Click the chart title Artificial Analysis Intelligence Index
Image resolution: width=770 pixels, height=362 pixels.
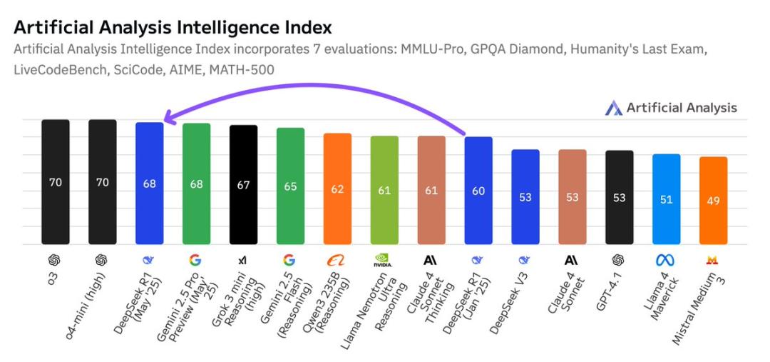pos(173,28)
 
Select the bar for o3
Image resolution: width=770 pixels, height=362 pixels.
pos(56,181)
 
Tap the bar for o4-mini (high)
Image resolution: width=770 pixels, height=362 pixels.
pos(103,181)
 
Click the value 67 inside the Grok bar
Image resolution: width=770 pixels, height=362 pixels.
pos(243,185)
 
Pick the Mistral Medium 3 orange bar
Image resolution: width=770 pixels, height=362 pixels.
pos(713,200)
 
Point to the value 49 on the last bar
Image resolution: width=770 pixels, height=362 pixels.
pos(713,201)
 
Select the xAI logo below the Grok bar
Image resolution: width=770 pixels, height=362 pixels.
pos(243,260)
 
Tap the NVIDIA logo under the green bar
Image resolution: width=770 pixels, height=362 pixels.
pos(384,261)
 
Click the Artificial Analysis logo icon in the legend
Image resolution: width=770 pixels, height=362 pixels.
pos(613,108)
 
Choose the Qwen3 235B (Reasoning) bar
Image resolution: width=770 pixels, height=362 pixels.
pos(337,188)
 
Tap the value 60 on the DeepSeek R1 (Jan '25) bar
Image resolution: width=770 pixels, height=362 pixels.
pos(478,191)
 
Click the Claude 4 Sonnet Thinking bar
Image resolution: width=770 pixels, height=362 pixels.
pos(431,190)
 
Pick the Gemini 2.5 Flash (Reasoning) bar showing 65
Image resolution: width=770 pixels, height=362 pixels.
pos(290,186)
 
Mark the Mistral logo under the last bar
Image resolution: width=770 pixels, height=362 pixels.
pos(712,260)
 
